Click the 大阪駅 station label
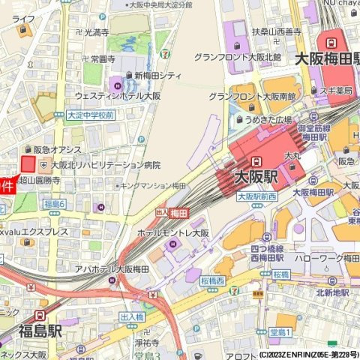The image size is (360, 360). coord(256,177)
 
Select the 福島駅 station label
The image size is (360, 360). coord(40,330)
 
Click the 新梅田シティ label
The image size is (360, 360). coord(157,75)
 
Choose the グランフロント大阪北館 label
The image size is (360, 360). coord(237,57)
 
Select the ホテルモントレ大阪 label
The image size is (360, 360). coord(172,233)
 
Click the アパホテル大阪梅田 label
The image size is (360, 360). coord(113,268)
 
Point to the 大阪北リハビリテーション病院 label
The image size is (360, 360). coord(105,164)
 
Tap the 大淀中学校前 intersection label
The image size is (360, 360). coord(90,115)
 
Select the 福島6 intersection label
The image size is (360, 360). coord(55,204)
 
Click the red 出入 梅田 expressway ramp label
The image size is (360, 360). coord(170,214)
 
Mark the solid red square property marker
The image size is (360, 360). coord(28,164)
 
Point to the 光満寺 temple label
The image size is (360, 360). coord(96,32)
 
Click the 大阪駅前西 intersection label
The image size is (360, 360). coord(256,196)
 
